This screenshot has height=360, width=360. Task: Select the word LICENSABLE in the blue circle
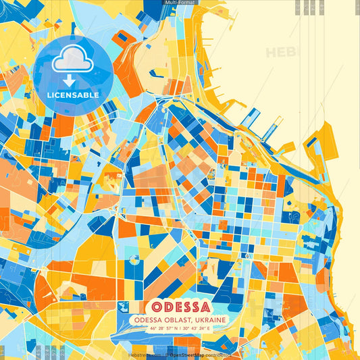(73, 95)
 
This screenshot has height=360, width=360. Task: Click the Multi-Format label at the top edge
(180, 3)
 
